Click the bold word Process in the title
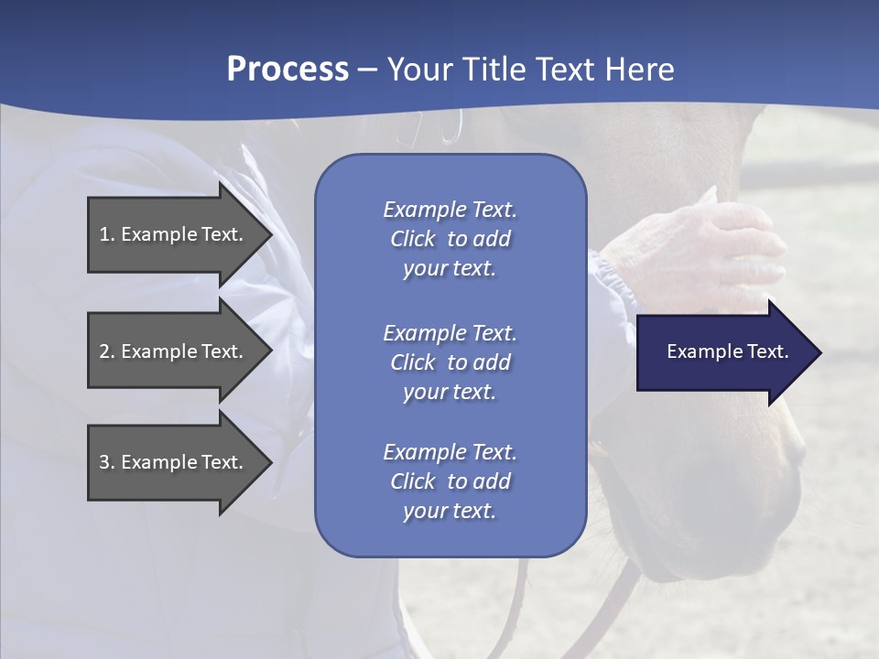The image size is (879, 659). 288,70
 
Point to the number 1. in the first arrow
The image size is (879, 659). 107,234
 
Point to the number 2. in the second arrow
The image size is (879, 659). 107,351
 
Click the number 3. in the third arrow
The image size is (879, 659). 107,462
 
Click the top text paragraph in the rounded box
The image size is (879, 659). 450,239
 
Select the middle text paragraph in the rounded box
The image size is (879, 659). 450,362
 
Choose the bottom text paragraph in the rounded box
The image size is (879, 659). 450,481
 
